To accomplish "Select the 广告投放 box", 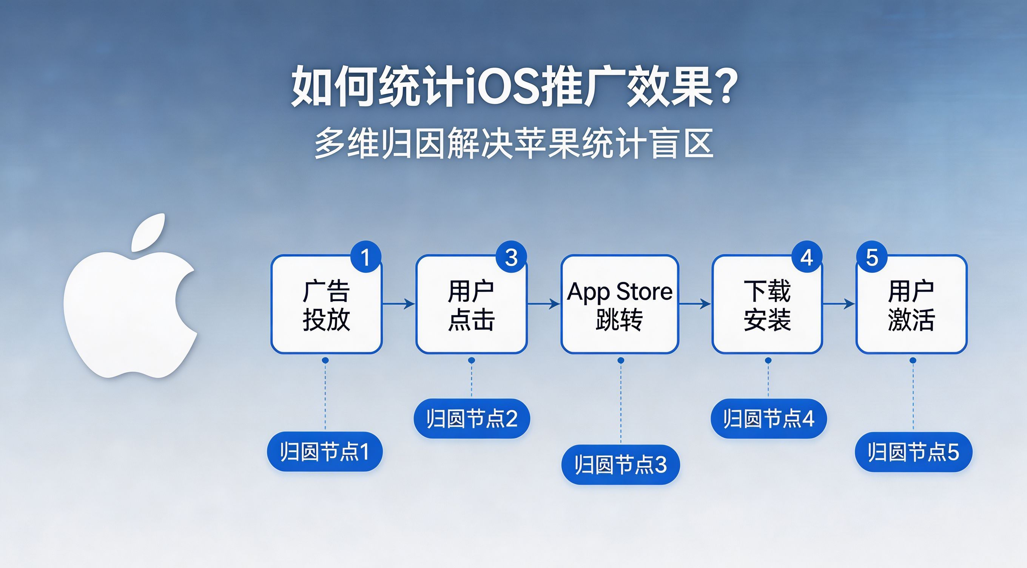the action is [x=327, y=304].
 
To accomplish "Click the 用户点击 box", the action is [x=472, y=304].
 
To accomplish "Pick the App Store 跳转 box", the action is [x=620, y=304].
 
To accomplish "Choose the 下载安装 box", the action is [x=768, y=304].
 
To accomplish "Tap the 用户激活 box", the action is [x=912, y=304].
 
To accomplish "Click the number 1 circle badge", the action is [x=365, y=257].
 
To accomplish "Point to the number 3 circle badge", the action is [x=511, y=257].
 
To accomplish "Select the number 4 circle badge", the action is [x=807, y=257].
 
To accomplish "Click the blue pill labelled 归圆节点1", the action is [x=325, y=452].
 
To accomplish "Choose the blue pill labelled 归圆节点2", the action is [x=472, y=418].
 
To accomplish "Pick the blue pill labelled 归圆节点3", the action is [x=621, y=465].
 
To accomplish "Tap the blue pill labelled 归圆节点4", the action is [x=769, y=418].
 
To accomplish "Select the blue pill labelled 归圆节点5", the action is [x=913, y=452].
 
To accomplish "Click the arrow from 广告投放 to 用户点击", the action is [x=399, y=304].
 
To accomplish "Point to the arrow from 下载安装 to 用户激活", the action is [x=839, y=304].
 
